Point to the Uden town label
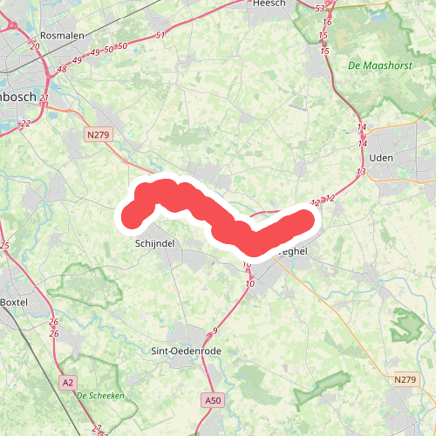point(383,157)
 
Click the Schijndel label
point(157,245)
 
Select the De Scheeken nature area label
point(101,395)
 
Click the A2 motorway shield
point(67,382)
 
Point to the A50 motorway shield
point(210,399)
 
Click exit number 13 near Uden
point(360,173)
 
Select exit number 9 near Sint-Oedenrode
point(215,330)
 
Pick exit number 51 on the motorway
point(160,36)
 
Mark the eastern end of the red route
point(304,219)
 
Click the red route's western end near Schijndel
point(132,215)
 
